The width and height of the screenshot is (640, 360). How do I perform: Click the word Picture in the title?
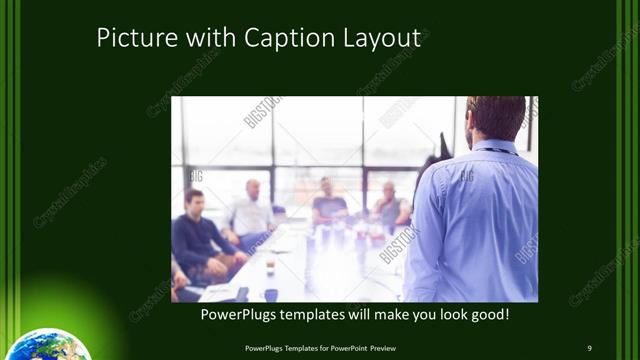(130, 39)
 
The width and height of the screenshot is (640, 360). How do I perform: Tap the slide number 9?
(589, 347)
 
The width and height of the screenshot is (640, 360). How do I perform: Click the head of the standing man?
(496, 118)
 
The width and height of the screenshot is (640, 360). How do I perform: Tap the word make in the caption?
(389, 315)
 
